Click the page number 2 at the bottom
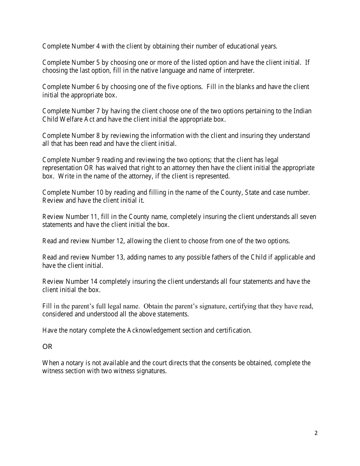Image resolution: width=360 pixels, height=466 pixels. point(316,433)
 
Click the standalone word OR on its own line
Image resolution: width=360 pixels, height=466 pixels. point(47,347)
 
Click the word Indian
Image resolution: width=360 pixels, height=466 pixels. point(302,111)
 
